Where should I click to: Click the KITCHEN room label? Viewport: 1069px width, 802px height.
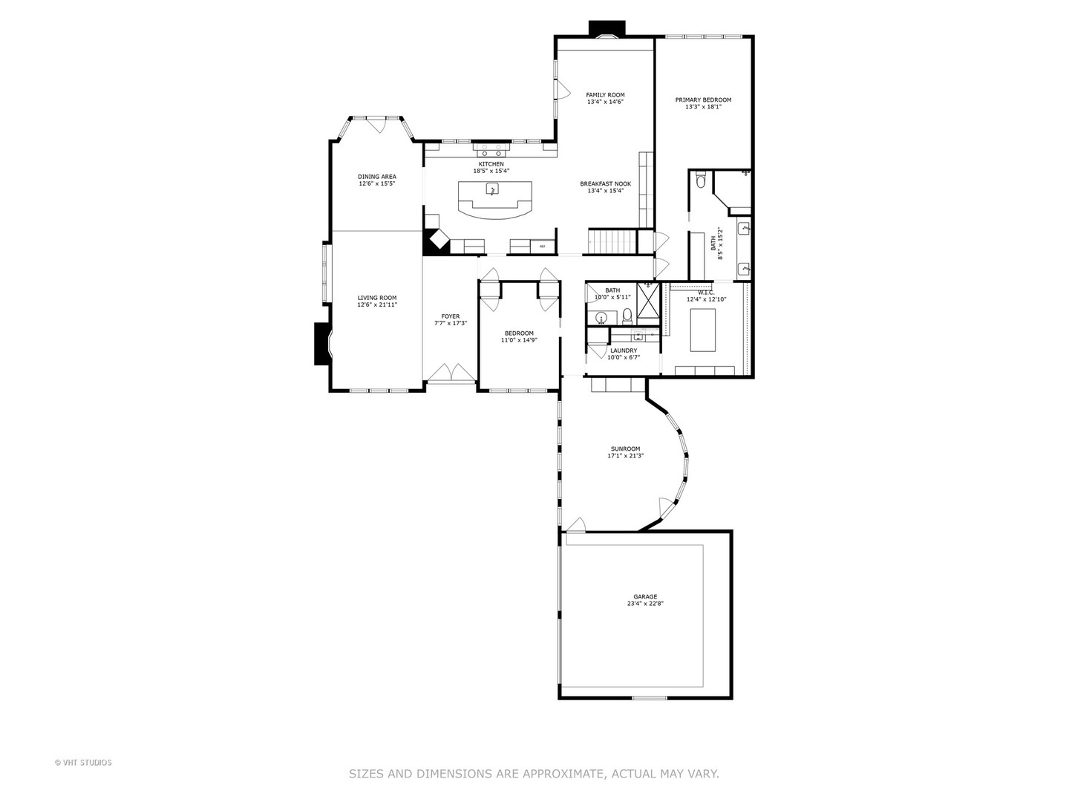tap(491, 164)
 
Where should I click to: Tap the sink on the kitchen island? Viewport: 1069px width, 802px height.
tap(492, 189)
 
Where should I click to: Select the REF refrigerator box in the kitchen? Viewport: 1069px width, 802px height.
tap(542, 246)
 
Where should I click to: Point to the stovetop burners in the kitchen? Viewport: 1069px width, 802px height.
tap(491, 146)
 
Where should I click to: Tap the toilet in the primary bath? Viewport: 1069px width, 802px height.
tap(701, 180)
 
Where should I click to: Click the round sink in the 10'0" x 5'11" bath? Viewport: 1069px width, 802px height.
tap(601, 318)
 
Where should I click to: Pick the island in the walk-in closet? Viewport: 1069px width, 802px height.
tap(702, 330)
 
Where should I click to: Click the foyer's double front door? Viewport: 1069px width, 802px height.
tap(451, 374)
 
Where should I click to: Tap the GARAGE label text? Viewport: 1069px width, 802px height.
tap(644, 596)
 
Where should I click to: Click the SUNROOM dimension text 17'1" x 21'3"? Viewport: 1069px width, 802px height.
tap(625, 455)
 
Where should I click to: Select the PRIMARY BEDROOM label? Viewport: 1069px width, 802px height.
tap(702, 100)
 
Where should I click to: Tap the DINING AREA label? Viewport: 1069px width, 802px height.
tap(376, 177)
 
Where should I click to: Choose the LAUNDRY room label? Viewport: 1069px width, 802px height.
tap(624, 351)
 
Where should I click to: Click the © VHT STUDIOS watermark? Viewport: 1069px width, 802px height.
tap(83, 762)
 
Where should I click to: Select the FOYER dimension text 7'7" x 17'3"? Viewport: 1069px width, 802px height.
tap(450, 323)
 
